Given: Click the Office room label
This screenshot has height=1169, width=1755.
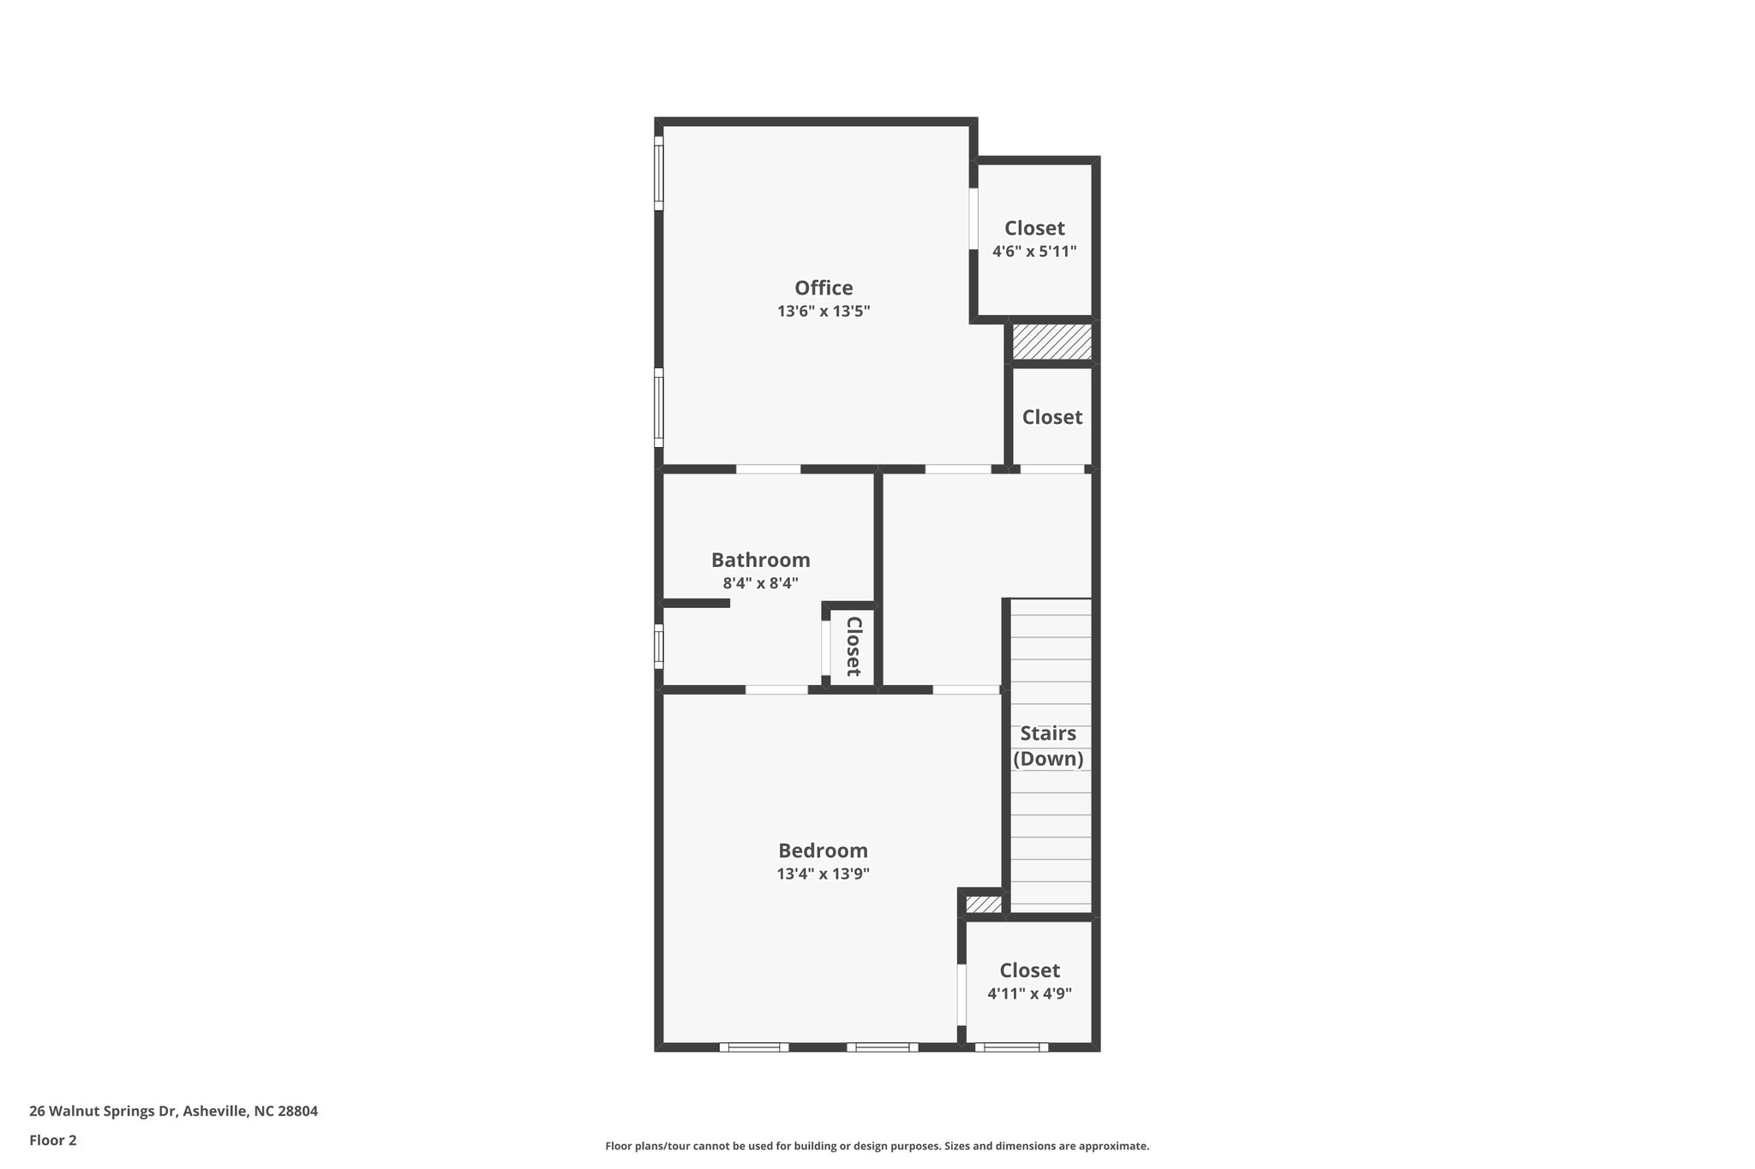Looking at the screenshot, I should click(x=824, y=288).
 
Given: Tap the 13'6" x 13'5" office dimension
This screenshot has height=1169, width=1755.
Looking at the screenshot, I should click(x=824, y=312).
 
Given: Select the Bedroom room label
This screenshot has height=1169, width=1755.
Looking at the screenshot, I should click(x=823, y=850).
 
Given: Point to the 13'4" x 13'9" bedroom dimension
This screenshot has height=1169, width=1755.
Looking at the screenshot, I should click(x=823, y=874).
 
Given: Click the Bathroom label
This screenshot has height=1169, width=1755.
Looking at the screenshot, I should click(x=760, y=560).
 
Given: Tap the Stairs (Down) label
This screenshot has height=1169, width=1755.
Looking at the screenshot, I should click(x=1048, y=746).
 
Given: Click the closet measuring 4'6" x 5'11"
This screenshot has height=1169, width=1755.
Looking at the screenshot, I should click(x=1034, y=240).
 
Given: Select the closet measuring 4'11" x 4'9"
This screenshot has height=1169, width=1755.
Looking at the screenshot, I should click(x=1029, y=981).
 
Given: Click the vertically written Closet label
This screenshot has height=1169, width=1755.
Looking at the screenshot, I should click(x=854, y=646).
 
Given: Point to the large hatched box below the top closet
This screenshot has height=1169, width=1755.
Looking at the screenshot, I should click(x=1051, y=342).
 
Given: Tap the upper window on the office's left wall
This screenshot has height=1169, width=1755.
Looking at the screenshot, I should click(x=659, y=172).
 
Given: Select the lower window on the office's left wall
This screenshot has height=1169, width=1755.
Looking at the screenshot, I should click(x=659, y=407).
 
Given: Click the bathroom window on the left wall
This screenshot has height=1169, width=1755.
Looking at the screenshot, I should click(x=659, y=646).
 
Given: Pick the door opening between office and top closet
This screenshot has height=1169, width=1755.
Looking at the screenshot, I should click(x=973, y=218).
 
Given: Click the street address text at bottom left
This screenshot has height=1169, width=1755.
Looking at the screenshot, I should click(x=173, y=1112).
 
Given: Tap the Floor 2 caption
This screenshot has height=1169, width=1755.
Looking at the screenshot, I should click(x=53, y=1140).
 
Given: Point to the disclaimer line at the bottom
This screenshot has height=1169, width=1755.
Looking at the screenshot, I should click(x=877, y=1146).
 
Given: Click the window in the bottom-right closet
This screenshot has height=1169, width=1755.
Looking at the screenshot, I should click(x=1011, y=1047).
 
